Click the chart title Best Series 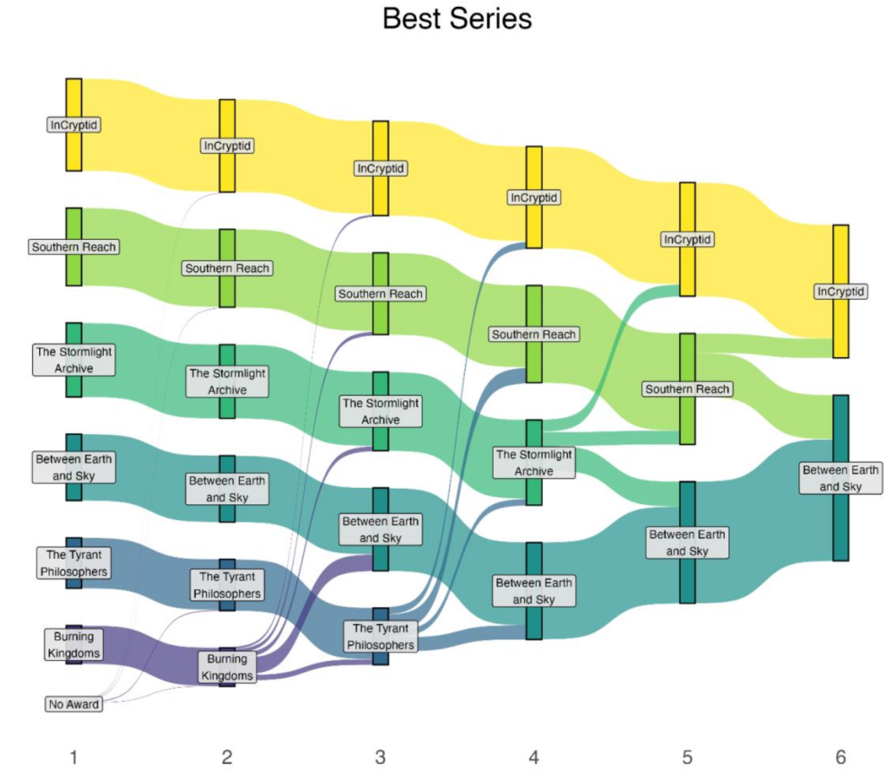coord(456,19)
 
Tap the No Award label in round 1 coord(74,704)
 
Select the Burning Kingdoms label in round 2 coord(227,667)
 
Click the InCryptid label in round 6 coord(840,292)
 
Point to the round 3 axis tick coord(380,758)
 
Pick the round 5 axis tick coord(687,758)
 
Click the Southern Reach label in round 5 coord(687,389)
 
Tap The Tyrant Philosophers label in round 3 coord(381,636)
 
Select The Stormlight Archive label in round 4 coord(534,463)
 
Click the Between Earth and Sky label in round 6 coord(840,478)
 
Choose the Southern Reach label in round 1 coord(74,247)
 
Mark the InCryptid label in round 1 coord(74,125)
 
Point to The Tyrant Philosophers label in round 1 coord(74,562)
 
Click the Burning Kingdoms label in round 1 coord(74,645)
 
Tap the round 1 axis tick coord(74,758)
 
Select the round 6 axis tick coord(840,758)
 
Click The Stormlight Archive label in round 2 coord(227,381)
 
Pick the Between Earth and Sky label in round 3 coord(381,529)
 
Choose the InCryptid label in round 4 coord(534,198)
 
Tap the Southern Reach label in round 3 coord(381,294)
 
